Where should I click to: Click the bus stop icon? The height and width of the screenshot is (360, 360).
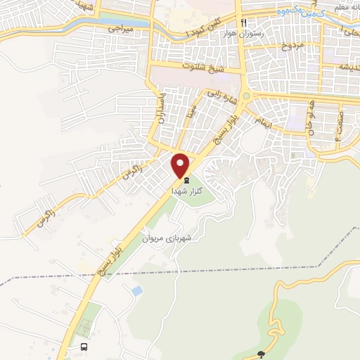[x=84, y=347]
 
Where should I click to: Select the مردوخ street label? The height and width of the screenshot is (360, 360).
[x=291, y=46]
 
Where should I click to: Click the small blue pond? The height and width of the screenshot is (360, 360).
[x=135, y=290]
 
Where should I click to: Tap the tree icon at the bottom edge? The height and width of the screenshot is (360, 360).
[x=262, y=355]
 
